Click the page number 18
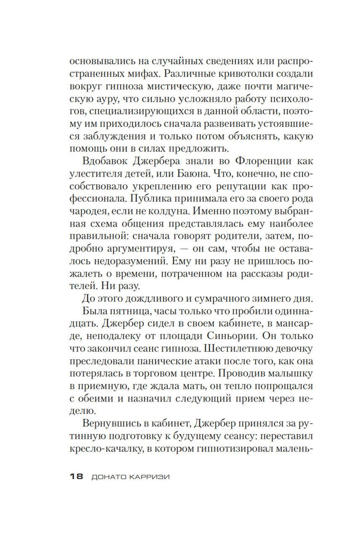tap(76, 477)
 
